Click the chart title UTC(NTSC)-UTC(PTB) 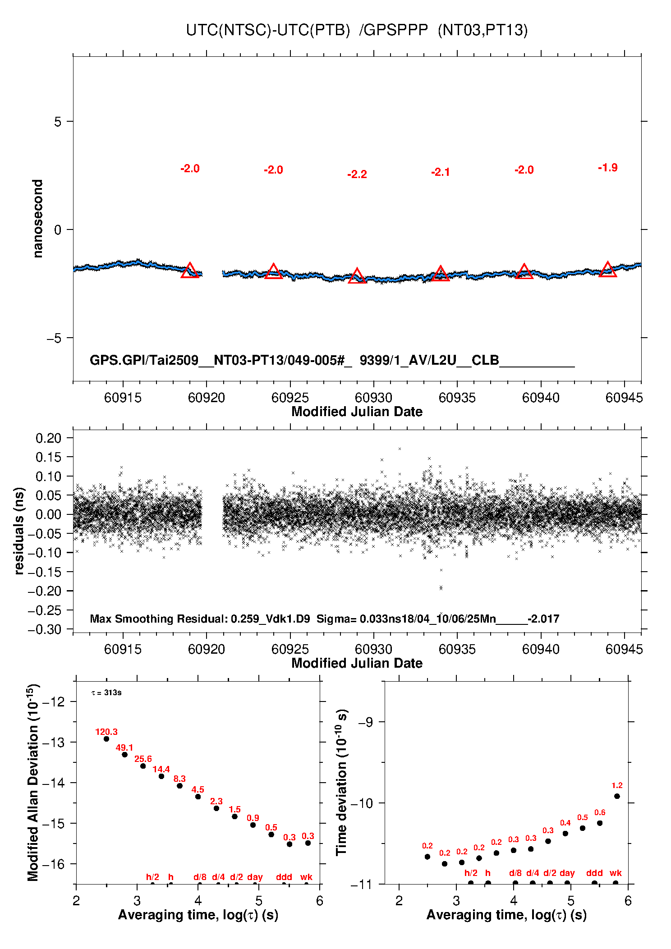coord(268,30)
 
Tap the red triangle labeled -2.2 coord(357,276)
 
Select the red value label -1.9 coord(607,168)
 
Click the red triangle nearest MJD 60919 coord(190,271)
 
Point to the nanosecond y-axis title coord(38,219)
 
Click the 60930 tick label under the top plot coord(373,398)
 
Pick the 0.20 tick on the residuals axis coord(48,438)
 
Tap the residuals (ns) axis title coord(19,531)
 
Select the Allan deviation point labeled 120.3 coord(106,739)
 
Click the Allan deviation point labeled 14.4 coord(161,776)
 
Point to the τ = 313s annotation coord(106,692)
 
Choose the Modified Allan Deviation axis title coord(33,782)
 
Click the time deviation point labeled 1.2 coord(617,796)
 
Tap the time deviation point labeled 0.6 coord(600,823)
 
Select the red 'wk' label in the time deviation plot coord(616,873)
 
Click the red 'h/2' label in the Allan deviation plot coord(152,877)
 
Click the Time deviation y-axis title coord(342,782)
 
